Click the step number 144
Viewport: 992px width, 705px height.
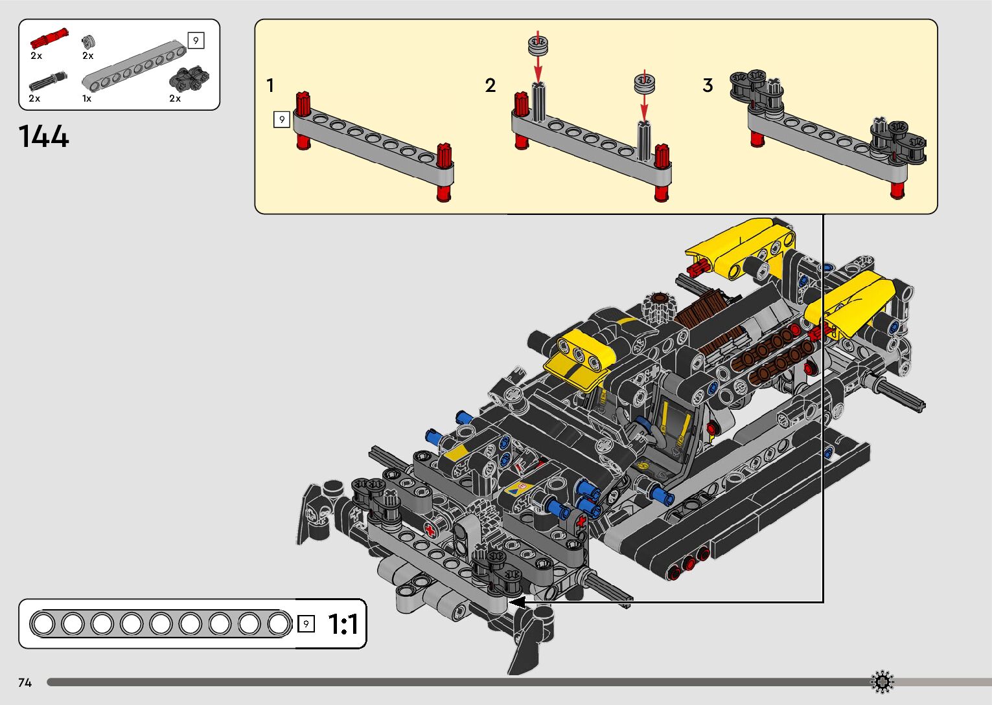(x=43, y=137)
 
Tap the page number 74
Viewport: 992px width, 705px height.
(x=25, y=682)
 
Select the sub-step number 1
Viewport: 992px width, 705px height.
(x=270, y=85)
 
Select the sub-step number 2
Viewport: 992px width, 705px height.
(x=490, y=85)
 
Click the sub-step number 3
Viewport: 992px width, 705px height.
(x=708, y=85)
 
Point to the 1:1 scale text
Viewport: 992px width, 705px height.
(x=343, y=625)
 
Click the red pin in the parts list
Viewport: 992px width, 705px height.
(x=49, y=39)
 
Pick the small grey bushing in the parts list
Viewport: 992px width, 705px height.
(x=89, y=41)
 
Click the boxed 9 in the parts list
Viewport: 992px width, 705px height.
(x=196, y=41)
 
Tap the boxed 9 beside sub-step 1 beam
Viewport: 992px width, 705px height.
(x=281, y=120)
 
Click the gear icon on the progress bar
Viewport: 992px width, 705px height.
(x=882, y=682)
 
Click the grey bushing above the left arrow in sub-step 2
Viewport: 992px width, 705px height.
(x=537, y=47)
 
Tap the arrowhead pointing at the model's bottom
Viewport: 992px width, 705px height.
(x=516, y=602)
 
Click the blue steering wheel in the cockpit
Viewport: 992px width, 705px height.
(x=645, y=424)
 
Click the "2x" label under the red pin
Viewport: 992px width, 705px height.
(x=36, y=56)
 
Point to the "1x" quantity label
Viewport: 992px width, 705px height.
(x=87, y=99)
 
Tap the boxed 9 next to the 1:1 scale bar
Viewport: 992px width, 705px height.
(x=306, y=624)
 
